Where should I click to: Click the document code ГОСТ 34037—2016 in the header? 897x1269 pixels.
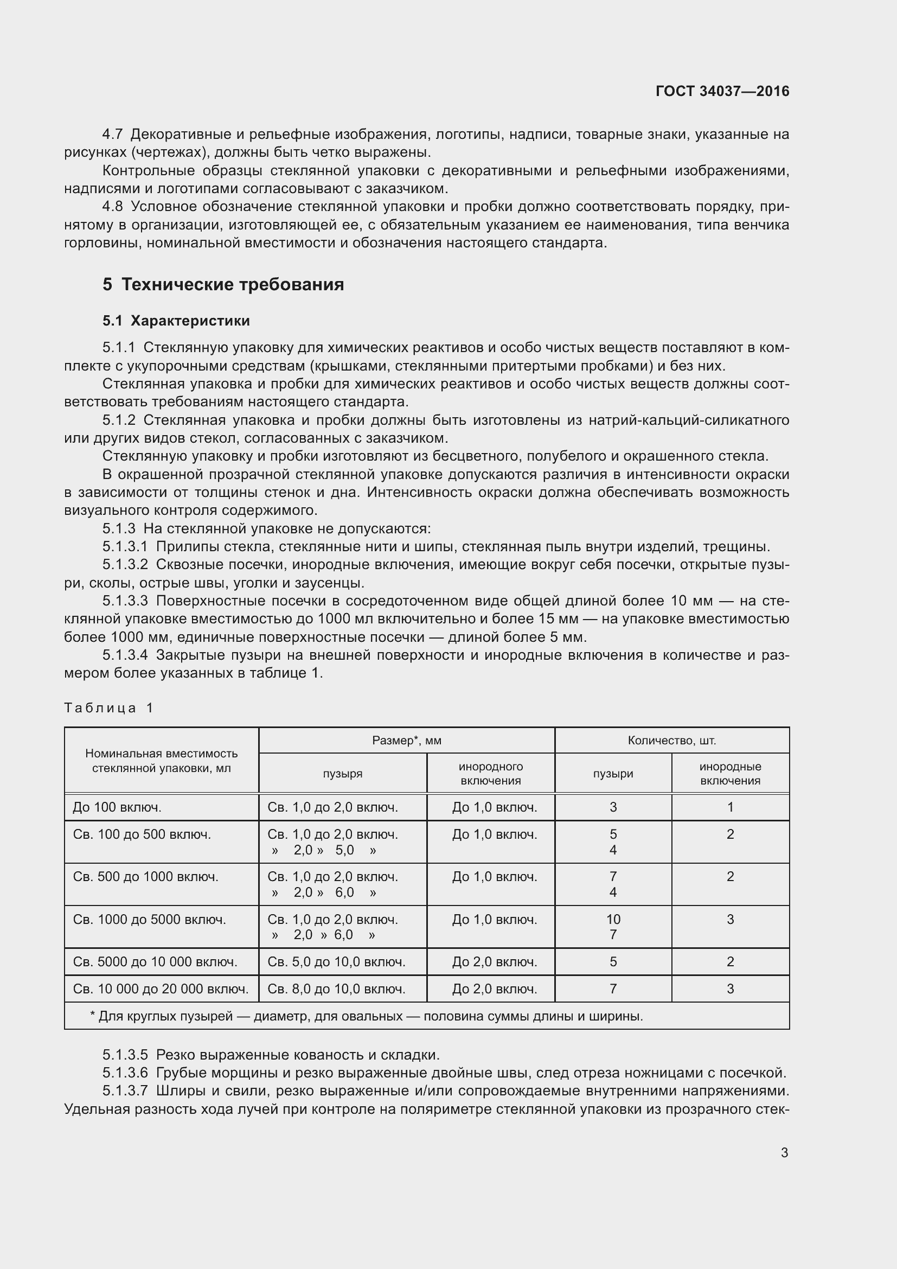click(x=722, y=91)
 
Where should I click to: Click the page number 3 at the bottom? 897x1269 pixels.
click(x=784, y=1152)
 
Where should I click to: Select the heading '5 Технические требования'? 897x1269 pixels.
click(x=223, y=285)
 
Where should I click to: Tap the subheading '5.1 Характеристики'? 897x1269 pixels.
click(x=176, y=321)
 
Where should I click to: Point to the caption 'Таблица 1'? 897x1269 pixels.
click(x=109, y=708)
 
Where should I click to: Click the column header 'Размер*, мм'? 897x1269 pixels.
click(x=407, y=741)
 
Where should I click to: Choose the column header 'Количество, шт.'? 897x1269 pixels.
click(x=671, y=741)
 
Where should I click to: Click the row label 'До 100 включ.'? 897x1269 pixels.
click(x=117, y=807)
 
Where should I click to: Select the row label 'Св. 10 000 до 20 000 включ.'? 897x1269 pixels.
click(x=161, y=990)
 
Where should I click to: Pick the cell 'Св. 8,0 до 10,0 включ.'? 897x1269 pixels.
click(x=336, y=990)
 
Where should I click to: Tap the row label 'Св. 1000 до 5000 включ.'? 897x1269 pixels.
click(x=149, y=920)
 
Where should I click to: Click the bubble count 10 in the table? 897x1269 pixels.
click(x=613, y=920)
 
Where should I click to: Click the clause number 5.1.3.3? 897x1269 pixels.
click(x=125, y=601)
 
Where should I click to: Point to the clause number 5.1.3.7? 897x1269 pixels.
click(x=125, y=1091)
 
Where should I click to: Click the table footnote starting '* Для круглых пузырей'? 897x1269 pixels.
click(x=366, y=1016)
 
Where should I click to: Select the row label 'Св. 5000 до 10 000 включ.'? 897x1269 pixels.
click(x=155, y=962)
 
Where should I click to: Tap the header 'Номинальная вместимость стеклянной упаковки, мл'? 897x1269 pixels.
click(x=161, y=761)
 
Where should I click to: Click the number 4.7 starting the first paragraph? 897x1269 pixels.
click(x=113, y=135)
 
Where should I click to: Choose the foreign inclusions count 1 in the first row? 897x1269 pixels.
click(x=730, y=807)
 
